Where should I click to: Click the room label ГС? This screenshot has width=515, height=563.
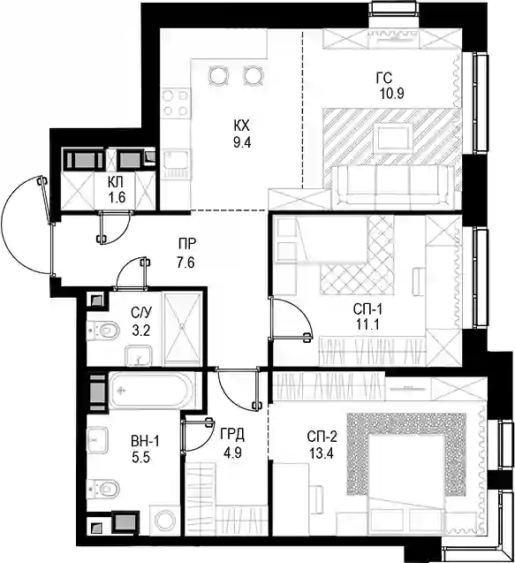pos(384,78)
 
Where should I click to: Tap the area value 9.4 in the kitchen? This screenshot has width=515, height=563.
pos(242,142)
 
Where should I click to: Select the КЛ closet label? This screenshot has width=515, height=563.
pos(116,182)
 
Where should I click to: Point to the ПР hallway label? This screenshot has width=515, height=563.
pos(187,244)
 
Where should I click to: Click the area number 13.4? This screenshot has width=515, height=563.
pos(322,453)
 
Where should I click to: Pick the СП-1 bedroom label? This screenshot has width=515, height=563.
pos(367,308)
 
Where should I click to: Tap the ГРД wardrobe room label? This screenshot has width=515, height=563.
pos(232,435)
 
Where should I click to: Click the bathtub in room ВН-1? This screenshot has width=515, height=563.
pos(152,391)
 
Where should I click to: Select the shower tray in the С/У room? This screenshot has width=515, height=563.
pos(182,329)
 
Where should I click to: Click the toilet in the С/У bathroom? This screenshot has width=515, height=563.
pos(104,330)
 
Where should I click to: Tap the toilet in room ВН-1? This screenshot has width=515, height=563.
pos(104,488)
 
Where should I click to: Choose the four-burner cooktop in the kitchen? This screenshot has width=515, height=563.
pos(175,103)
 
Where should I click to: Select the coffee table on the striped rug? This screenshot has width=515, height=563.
pos(392,138)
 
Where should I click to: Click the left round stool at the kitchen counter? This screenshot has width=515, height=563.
pos(218,75)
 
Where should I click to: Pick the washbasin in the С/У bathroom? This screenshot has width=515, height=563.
pos(139,355)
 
